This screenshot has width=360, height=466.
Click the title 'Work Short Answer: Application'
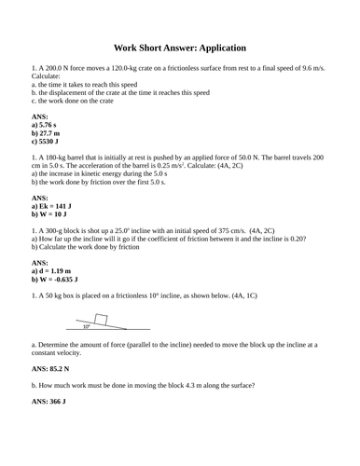(x=179, y=47)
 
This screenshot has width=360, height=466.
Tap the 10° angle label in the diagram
(x=88, y=327)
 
